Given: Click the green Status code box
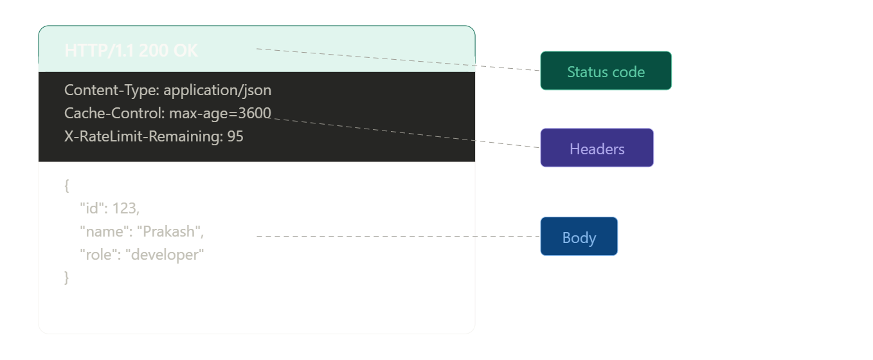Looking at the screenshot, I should click(x=606, y=71).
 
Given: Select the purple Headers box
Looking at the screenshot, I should click(x=597, y=148).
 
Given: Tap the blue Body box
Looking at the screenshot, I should click(x=579, y=237).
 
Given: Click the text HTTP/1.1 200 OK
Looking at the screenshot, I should click(x=131, y=51).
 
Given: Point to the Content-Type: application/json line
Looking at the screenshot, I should click(x=168, y=90).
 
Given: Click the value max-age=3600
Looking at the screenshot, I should click(x=220, y=114).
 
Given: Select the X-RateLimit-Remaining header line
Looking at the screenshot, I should click(x=154, y=136).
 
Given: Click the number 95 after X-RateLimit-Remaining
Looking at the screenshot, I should click(x=235, y=136).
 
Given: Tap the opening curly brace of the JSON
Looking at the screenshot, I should click(x=67, y=186).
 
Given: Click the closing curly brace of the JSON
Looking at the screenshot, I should click(x=67, y=277).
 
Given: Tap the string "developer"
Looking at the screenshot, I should click(x=165, y=255).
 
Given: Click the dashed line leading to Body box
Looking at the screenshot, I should click(x=399, y=237).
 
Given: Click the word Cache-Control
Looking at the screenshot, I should click(x=114, y=114).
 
